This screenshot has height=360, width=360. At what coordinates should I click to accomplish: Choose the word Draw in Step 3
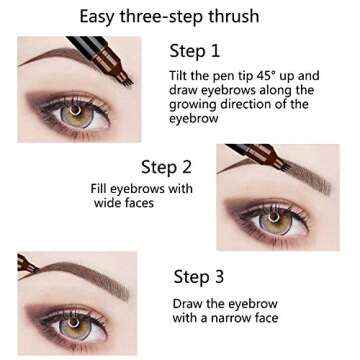189,303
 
